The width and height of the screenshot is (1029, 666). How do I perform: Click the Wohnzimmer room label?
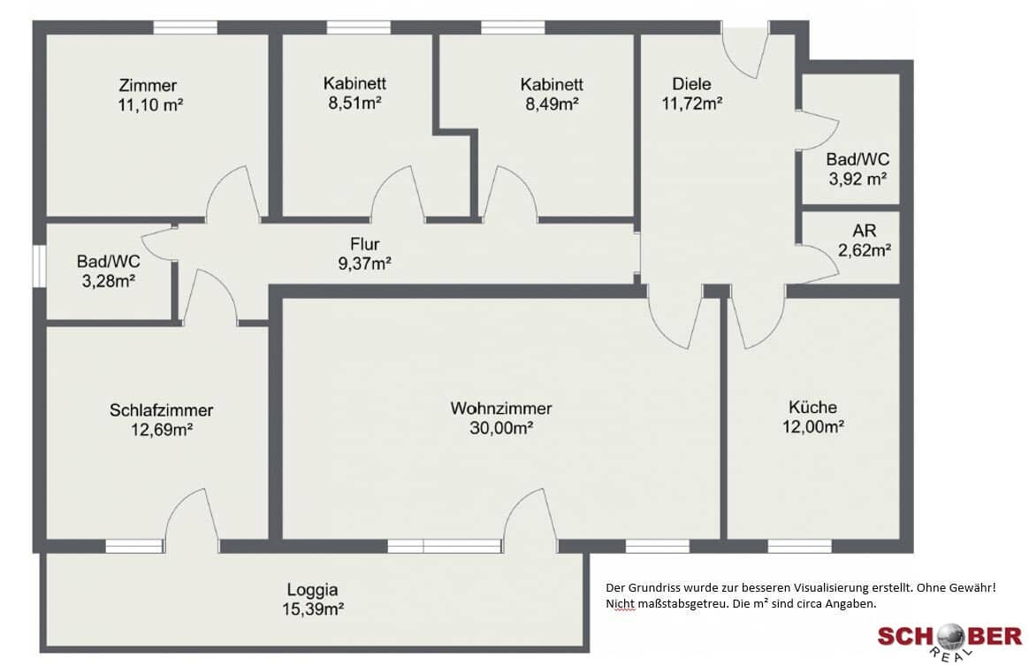coord(500,408)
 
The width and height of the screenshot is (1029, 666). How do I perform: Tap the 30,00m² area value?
coord(500,428)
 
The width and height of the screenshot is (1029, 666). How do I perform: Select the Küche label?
coord(812,407)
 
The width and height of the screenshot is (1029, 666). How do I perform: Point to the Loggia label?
coord(312,589)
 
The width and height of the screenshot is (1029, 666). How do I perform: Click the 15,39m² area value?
coord(313,609)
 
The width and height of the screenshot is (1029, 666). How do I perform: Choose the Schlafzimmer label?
coord(162,410)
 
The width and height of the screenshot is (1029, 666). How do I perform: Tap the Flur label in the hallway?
coord(365,244)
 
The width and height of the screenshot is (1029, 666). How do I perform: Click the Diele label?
coord(691,83)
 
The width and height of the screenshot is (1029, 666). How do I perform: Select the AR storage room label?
coord(865,231)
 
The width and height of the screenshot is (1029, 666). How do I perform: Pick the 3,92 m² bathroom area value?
coord(857,179)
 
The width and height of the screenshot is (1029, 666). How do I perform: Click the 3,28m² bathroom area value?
coord(108,281)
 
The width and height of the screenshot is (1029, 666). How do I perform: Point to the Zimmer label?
coord(148,85)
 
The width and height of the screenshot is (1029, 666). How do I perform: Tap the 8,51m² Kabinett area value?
coord(355,103)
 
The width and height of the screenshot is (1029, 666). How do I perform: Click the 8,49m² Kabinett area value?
coord(552,103)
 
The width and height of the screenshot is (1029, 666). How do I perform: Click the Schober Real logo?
coord(949,639)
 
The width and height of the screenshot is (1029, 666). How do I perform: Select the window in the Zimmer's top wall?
coord(185,27)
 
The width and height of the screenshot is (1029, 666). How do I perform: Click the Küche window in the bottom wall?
coord(799,546)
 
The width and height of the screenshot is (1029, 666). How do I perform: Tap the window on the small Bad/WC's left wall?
coord(40,265)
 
